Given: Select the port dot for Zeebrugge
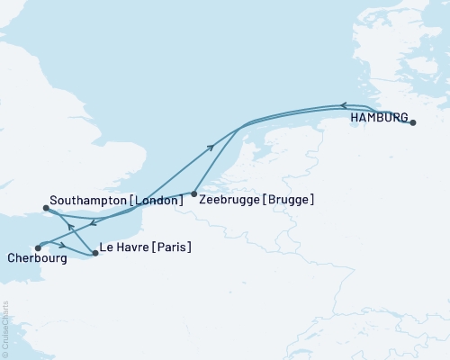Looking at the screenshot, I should (x=195, y=193).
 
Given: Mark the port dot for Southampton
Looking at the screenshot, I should (x=46, y=209).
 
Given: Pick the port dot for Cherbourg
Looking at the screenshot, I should (x=38, y=247).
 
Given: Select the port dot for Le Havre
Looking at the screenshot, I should (x=95, y=254).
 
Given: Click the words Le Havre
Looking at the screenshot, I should (x=124, y=246).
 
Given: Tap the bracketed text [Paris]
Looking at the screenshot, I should (x=171, y=246).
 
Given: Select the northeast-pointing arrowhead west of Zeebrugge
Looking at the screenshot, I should (x=211, y=146).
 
